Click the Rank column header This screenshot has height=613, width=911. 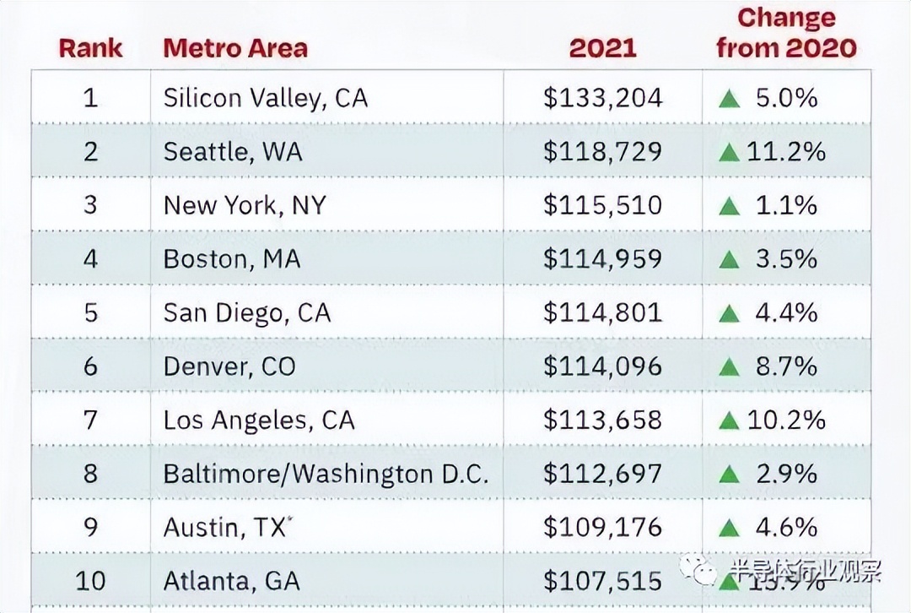(x=90, y=47)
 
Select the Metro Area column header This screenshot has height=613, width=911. (x=235, y=47)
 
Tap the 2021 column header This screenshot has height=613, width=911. (x=602, y=47)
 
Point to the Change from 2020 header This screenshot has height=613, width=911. (x=786, y=33)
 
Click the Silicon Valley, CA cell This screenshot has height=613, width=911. (x=266, y=98)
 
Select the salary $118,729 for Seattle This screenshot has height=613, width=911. (x=602, y=152)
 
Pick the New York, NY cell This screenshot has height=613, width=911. (x=245, y=205)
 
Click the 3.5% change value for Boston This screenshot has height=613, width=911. (x=786, y=259)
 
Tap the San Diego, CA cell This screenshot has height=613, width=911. (x=247, y=313)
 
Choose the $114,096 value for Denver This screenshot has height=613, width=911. (x=602, y=366)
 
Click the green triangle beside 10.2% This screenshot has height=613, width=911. (x=730, y=421)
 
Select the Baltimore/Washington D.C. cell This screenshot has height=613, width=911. (x=326, y=474)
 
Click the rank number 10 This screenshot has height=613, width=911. (x=90, y=581)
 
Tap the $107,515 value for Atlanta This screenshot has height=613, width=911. (x=602, y=581)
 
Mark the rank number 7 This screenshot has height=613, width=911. (x=90, y=420)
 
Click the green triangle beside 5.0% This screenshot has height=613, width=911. (x=730, y=100)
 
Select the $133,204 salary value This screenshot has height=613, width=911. (x=602, y=98)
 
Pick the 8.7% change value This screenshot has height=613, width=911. (x=786, y=366)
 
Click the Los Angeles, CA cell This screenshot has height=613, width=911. (x=259, y=420)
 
